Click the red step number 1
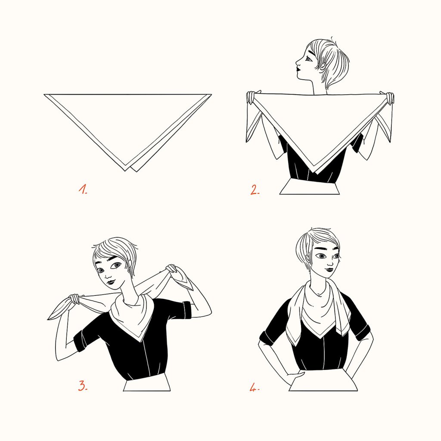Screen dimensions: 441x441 coord(83,189)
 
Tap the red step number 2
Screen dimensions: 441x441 coord(255,190)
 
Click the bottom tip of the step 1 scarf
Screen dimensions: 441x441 coord(125,171)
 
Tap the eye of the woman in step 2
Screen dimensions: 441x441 coord(308,59)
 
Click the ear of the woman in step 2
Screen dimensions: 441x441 coord(323,66)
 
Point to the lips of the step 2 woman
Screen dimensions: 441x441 coord(298,68)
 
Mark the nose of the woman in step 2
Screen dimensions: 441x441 coord(297,62)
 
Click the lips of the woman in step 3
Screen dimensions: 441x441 coord(111,281)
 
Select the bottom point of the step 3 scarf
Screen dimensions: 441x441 coord(140,342)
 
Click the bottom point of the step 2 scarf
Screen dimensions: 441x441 coord(317,174)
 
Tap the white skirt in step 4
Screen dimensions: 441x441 coord(323,384)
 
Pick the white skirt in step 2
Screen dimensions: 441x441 coord(309,187)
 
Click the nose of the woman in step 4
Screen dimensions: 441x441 coord(330,262)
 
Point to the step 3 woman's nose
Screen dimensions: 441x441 coord(108,275)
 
